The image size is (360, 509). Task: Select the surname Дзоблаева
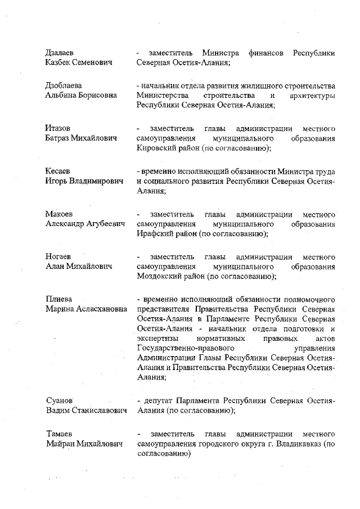(x=63, y=85)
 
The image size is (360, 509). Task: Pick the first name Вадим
(x=57, y=410)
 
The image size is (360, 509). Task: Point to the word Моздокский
(x=158, y=277)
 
